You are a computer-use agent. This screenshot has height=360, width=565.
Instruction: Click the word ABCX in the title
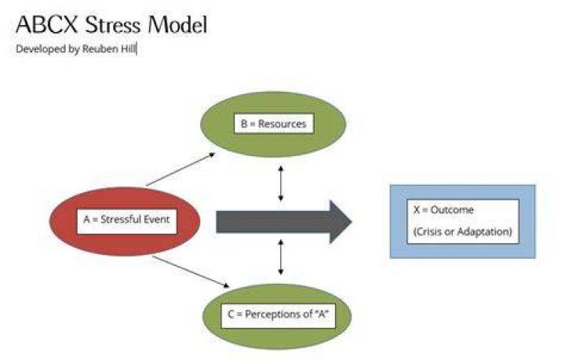[x=47, y=25]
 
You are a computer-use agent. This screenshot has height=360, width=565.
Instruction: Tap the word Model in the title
[x=177, y=25]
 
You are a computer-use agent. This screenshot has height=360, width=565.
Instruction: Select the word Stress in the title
[x=113, y=25]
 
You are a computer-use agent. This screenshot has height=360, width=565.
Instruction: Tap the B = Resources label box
[x=274, y=124]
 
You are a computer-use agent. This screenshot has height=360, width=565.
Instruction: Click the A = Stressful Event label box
[x=127, y=221]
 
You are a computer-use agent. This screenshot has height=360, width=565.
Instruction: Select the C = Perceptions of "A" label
[x=278, y=316]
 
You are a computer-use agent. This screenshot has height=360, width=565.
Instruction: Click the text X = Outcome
[x=443, y=209]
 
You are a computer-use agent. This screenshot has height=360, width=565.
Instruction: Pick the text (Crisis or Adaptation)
[x=463, y=231]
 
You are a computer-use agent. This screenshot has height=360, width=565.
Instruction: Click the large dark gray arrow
[x=284, y=222]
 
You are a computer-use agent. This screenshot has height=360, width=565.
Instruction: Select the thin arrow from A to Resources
[x=181, y=169]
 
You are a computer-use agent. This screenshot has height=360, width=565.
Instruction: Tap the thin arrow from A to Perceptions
[x=191, y=272]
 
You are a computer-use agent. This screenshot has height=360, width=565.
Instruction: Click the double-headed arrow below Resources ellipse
[x=281, y=184]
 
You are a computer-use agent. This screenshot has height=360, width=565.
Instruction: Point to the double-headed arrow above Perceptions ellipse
[x=281, y=258]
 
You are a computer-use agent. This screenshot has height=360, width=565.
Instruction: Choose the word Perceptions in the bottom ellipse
[x=272, y=315]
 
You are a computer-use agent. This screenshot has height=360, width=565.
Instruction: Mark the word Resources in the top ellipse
[x=282, y=124]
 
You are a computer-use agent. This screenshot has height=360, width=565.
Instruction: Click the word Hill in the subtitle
[x=128, y=49]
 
